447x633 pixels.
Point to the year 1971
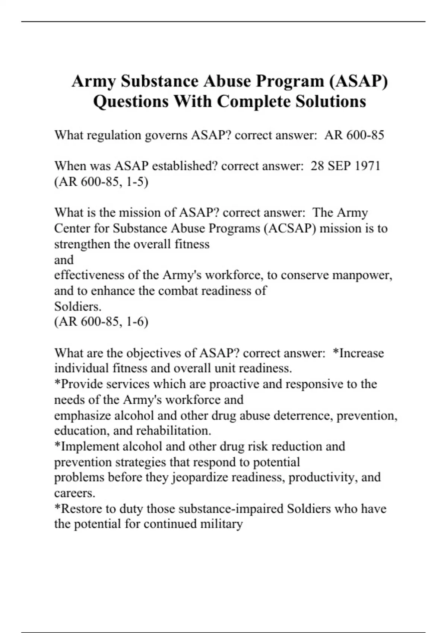(x=367, y=166)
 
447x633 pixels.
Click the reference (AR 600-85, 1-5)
(x=101, y=182)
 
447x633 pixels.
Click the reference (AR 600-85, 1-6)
(x=101, y=321)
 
